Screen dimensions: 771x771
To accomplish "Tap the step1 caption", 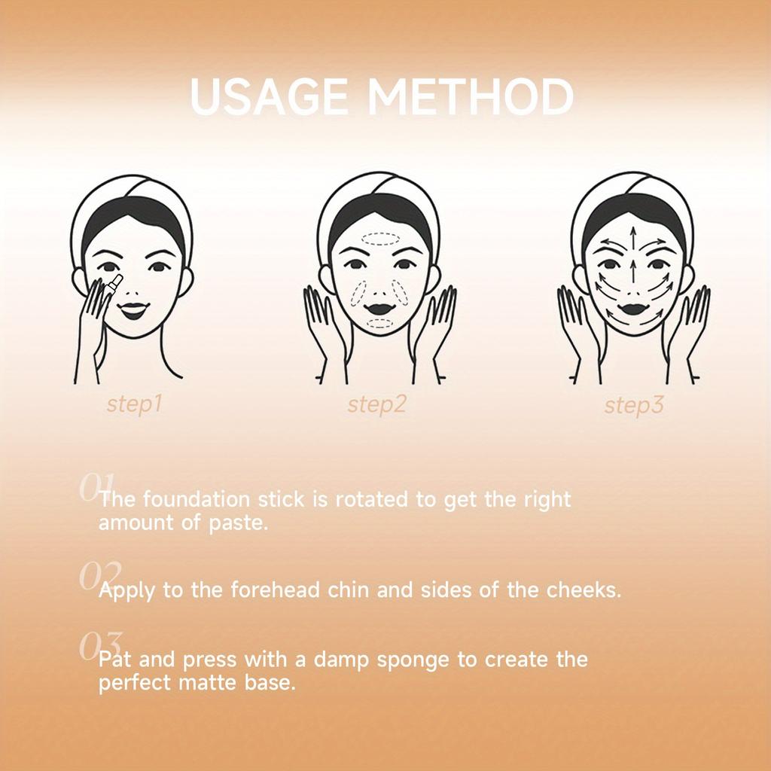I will point(135,404).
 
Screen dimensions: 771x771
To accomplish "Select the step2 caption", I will point(377,404).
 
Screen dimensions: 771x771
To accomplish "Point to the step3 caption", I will point(634,407).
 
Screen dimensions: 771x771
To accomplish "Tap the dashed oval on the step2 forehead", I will point(380,239).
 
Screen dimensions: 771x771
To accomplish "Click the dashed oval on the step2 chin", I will point(380,323).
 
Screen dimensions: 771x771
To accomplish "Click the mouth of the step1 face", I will point(133,309).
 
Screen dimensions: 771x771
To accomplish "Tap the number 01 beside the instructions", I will point(96,487).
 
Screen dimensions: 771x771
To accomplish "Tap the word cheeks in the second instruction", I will point(581,590).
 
